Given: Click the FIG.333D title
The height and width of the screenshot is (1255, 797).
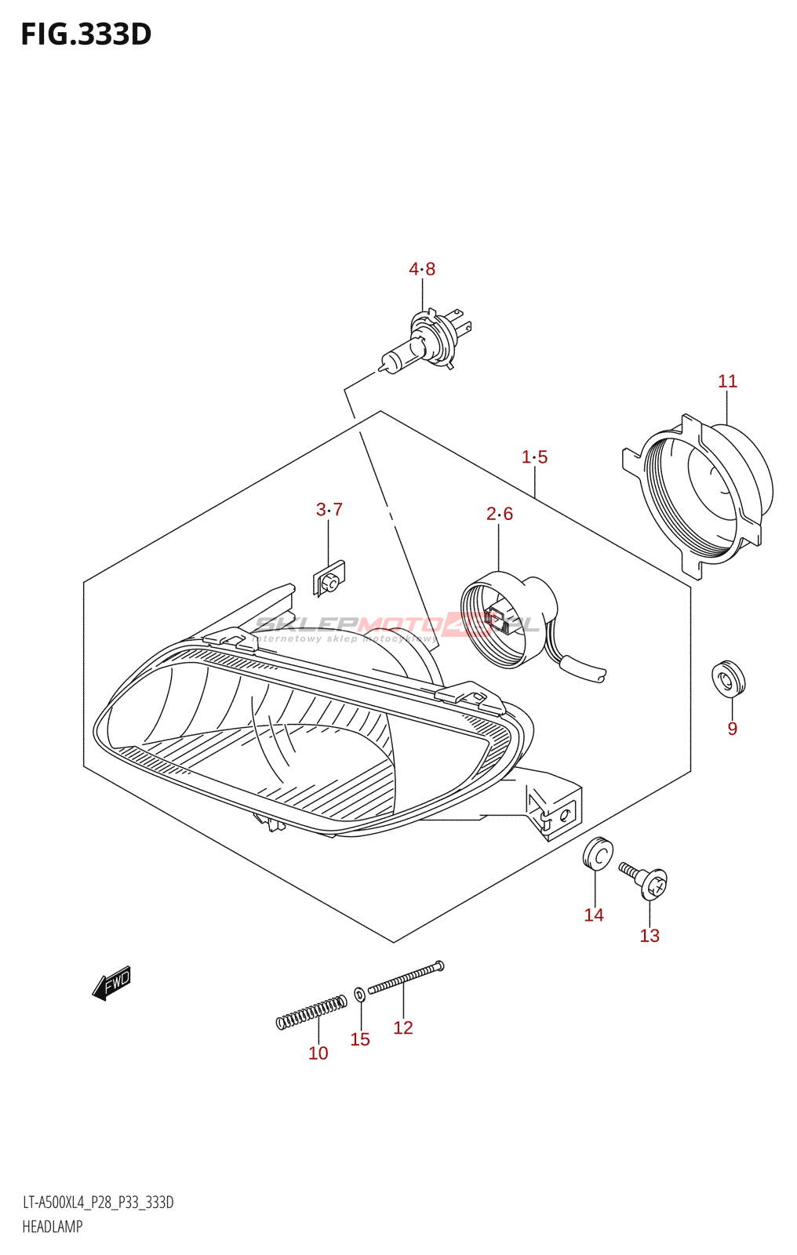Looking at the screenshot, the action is [86, 35].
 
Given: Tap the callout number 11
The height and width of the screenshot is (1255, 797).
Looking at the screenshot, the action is [727, 381].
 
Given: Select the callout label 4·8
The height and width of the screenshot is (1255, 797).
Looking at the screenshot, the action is [422, 269].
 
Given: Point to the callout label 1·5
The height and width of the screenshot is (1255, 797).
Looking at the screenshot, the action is [534, 457].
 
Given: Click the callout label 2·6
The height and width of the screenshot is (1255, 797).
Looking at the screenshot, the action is [499, 514].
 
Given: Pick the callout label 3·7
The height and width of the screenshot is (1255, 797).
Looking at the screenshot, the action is [329, 509].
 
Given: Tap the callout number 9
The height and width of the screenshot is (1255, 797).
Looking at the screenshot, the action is [732, 729].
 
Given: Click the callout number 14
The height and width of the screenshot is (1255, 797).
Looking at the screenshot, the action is [594, 915].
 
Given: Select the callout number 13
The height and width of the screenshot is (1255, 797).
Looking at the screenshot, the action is [650, 935].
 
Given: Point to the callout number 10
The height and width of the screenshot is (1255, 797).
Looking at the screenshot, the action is [318, 1053].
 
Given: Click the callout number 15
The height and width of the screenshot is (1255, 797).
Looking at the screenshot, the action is [360, 1039].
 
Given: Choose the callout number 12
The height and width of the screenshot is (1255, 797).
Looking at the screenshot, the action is [403, 1028].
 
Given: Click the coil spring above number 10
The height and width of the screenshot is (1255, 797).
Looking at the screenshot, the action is [311, 1011].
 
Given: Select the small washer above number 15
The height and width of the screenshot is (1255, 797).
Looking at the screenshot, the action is [359, 995].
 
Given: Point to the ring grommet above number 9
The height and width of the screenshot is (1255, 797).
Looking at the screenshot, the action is [728, 678].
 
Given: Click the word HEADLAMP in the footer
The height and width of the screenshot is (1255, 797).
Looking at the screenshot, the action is [52, 1227].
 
